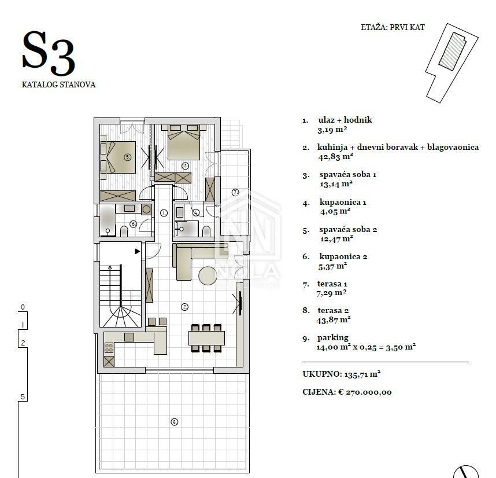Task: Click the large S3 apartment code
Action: (x=49, y=53)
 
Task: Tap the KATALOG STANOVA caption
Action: (x=58, y=85)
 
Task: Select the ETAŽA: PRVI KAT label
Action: (x=393, y=28)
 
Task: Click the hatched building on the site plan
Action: (x=452, y=51)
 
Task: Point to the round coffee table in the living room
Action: (x=208, y=275)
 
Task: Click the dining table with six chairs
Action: (x=206, y=338)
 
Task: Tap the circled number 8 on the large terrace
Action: (x=175, y=422)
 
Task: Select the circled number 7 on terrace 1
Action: (x=235, y=192)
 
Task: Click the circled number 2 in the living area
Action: (x=185, y=307)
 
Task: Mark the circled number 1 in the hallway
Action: (x=164, y=213)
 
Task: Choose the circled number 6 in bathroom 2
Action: (x=133, y=224)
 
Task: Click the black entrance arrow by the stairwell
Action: (x=138, y=251)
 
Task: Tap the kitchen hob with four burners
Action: (x=109, y=348)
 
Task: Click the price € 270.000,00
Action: (x=365, y=392)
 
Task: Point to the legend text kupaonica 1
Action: (x=343, y=203)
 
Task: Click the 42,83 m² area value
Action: (x=336, y=156)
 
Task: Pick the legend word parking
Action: (x=333, y=338)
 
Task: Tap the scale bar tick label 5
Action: (x=23, y=396)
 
